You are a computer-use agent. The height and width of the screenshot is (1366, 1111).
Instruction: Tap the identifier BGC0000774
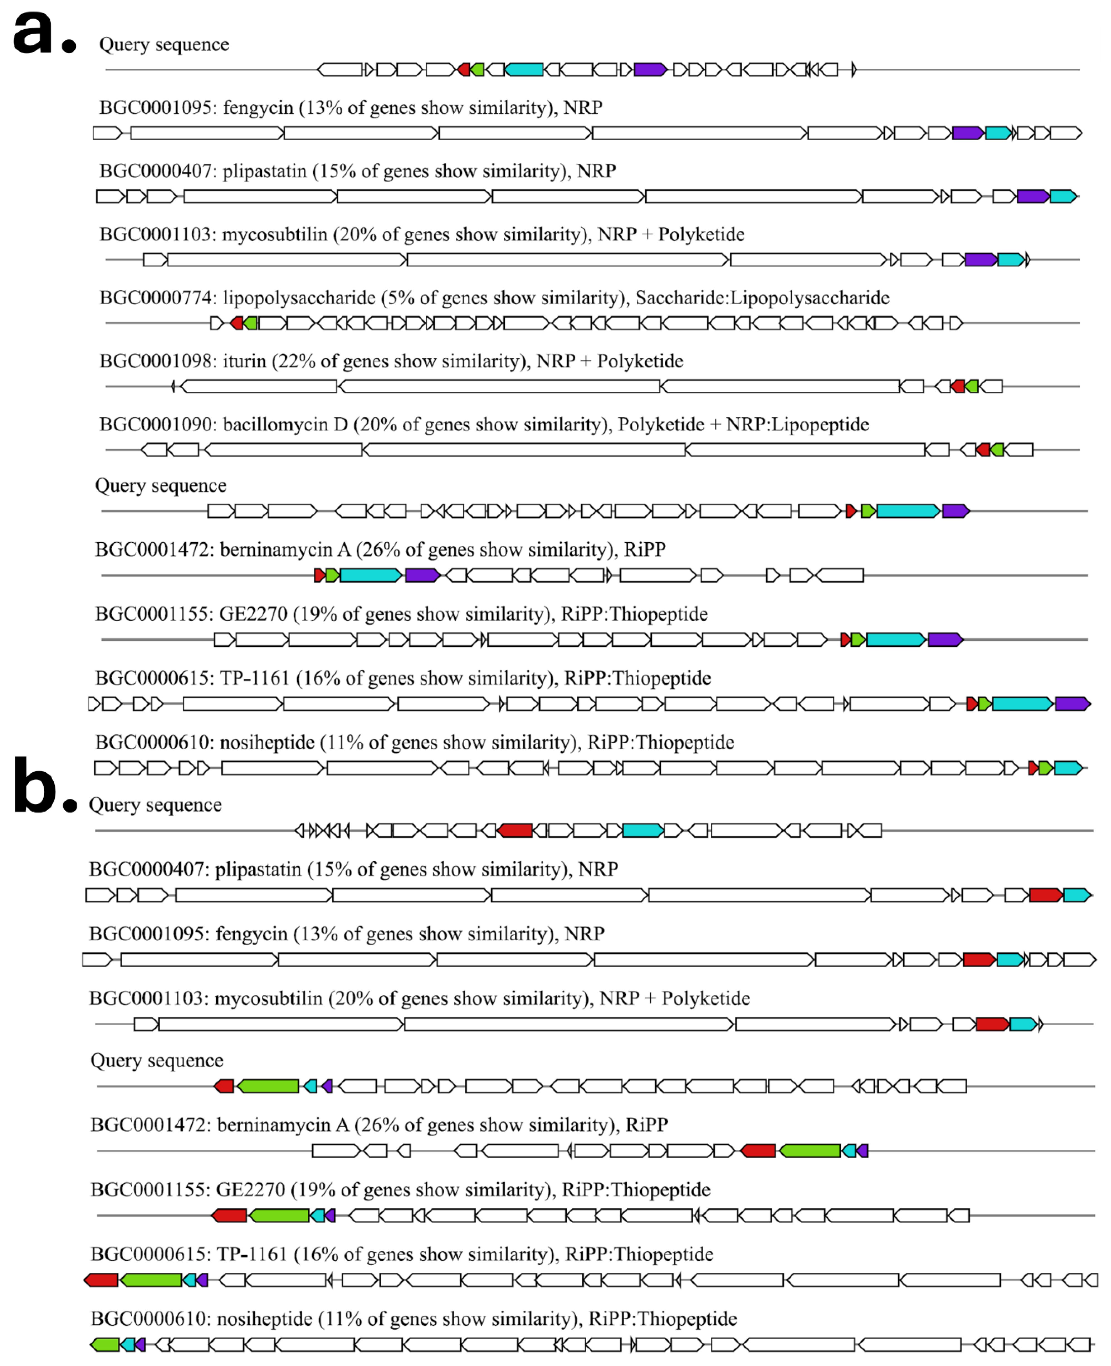click(x=157, y=298)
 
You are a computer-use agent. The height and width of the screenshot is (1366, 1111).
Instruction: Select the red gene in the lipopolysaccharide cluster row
click(x=237, y=323)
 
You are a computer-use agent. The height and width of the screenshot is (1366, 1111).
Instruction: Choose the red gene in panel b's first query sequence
click(x=515, y=830)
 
